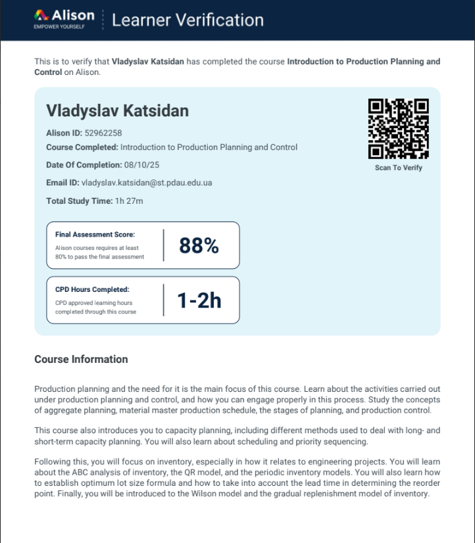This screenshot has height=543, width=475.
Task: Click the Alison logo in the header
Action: (x=64, y=15)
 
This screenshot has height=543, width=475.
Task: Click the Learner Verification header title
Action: (x=187, y=20)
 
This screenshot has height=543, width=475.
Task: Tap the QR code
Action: (x=399, y=128)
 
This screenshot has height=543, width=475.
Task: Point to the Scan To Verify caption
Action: (x=399, y=168)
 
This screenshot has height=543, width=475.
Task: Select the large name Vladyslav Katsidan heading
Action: (x=117, y=110)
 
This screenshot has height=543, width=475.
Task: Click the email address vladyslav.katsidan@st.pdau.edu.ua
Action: (x=147, y=183)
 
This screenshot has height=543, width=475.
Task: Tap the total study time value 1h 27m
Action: (x=129, y=201)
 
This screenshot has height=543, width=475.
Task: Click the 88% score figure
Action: (x=199, y=245)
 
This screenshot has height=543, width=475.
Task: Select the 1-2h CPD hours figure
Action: (x=199, y=300)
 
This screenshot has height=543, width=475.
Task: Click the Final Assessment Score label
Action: (x=95, y=234)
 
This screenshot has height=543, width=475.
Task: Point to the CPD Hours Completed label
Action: (x=92, y=289)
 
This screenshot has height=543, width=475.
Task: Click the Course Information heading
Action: (x=81, y=359)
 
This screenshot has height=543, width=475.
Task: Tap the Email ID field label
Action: (x=63, y=183)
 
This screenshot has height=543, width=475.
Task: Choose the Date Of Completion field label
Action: (x=84, y=165)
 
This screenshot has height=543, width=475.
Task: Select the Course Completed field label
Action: (x=82, y=147)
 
